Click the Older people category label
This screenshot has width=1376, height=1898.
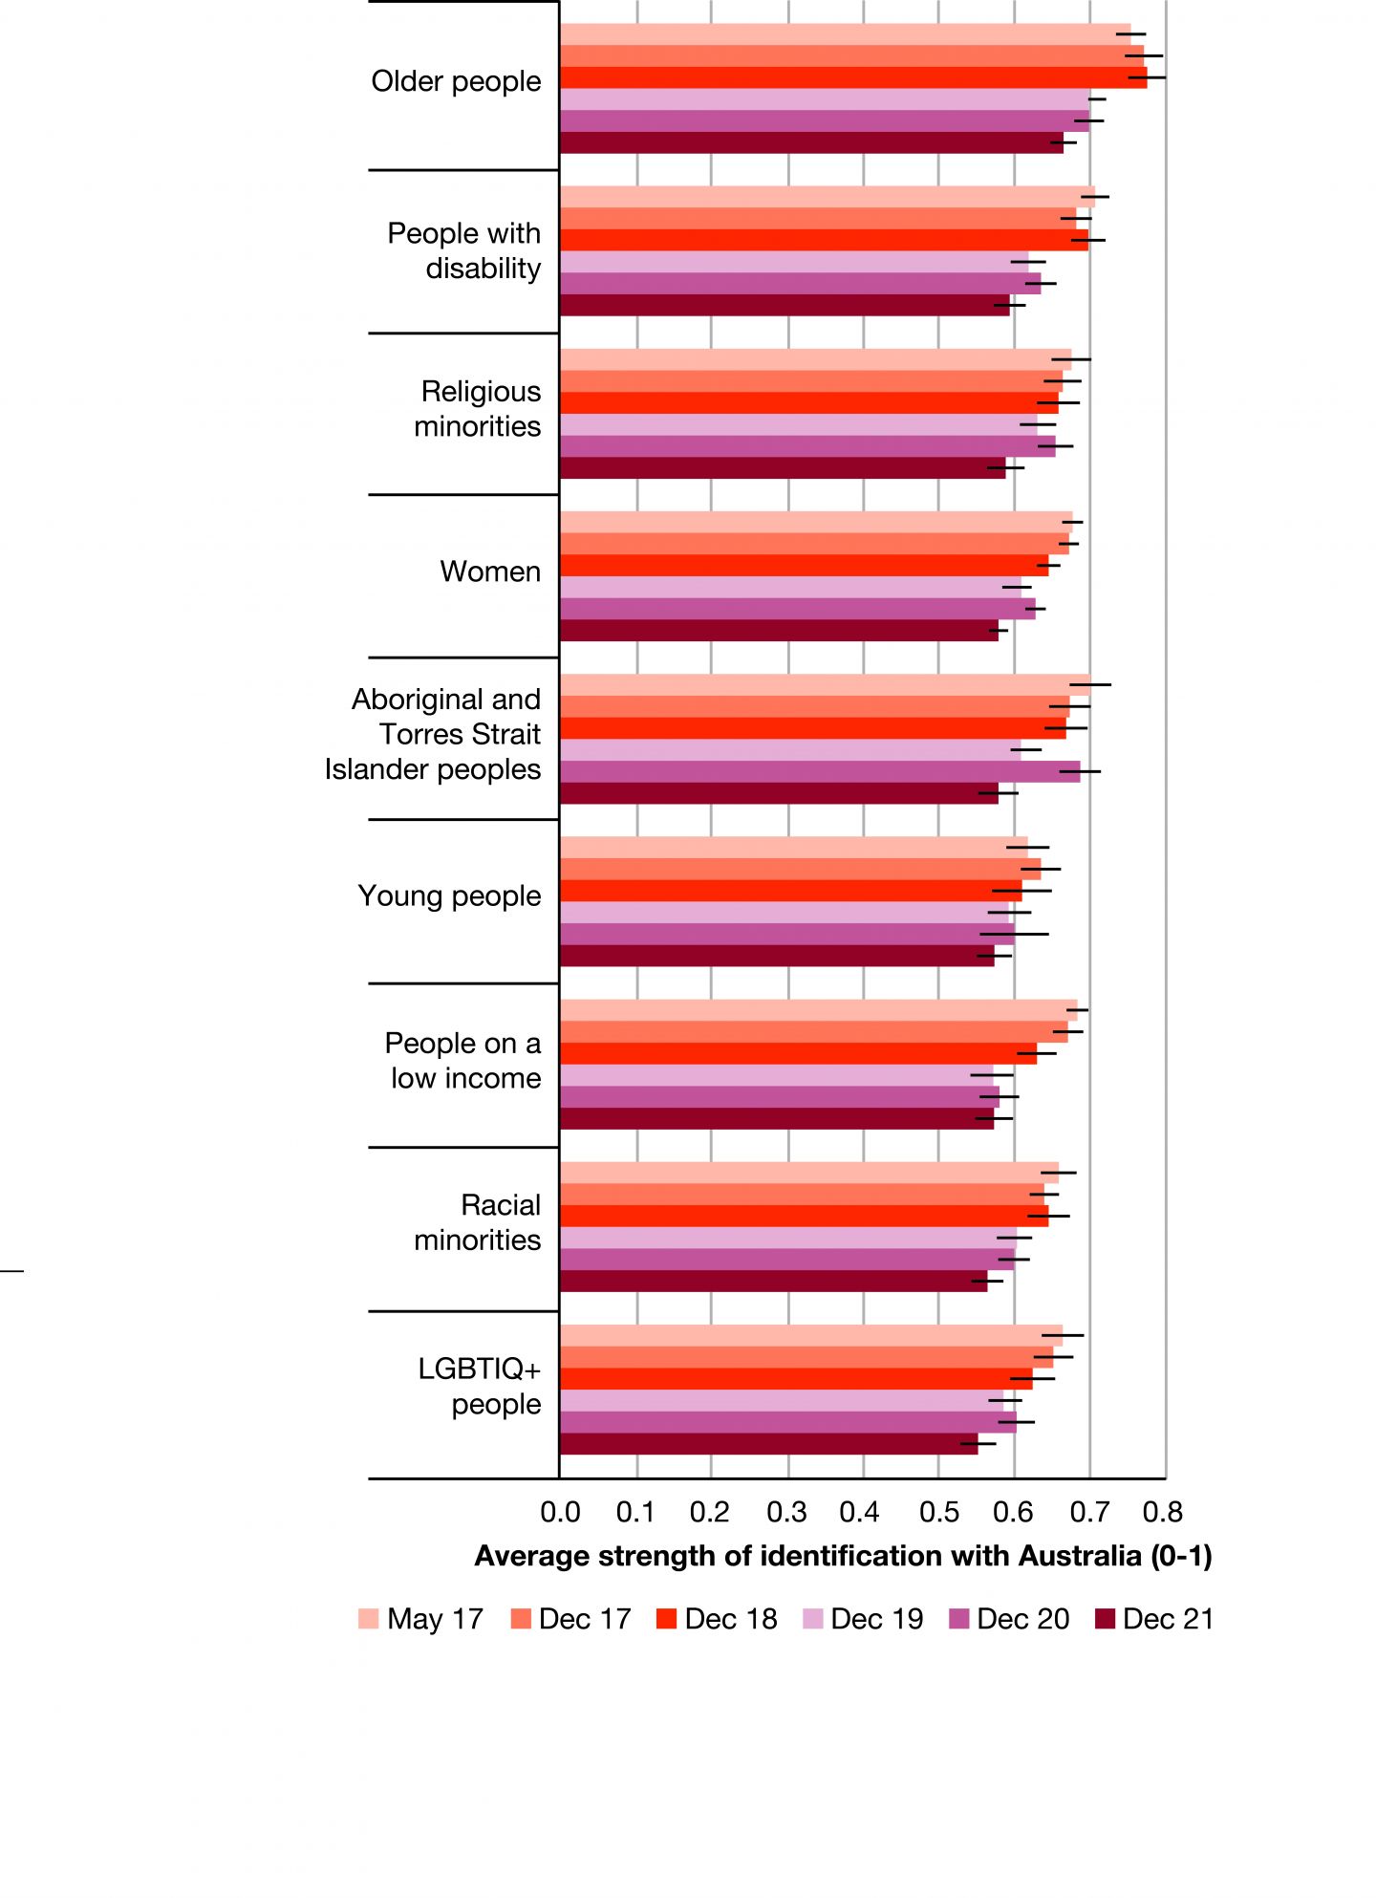click(456, 82)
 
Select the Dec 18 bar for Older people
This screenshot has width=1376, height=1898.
click(850, 78)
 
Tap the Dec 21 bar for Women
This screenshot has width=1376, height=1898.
click(779, 631)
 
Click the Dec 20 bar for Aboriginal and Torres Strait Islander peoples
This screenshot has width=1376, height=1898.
click(819, 772)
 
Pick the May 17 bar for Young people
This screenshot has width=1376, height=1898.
click(793, 847)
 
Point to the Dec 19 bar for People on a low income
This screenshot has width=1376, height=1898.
click(776, 1075)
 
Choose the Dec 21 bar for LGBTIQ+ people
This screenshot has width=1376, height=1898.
click(768, 1444)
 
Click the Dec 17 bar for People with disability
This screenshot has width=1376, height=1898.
click(817, 219)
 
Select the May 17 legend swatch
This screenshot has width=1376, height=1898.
click(368, 1619)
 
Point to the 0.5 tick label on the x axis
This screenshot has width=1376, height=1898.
click(938, 1512)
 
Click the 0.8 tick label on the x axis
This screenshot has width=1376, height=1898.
click(1163, 1512)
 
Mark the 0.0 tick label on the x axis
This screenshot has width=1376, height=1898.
click(560, 1512)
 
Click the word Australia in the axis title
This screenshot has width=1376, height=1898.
click(1080, 1557)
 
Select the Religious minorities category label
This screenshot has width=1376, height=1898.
click(478, 409)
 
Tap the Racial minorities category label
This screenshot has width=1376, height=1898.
click(478, 1222)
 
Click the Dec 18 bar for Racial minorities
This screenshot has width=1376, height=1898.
click(803, 1217)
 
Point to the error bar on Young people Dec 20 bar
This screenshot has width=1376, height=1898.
click(1014, 934)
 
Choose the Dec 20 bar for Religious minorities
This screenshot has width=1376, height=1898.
click(807, 446)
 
